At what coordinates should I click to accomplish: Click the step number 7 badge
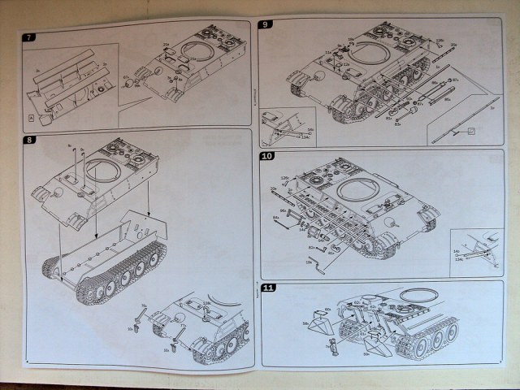tap(29, 37)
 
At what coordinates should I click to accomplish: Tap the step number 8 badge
tap(30, 140)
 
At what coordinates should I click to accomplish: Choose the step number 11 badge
tap(268, 288)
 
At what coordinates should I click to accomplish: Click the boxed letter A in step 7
tap(31, 119)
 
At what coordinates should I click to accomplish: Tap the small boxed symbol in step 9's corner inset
tap(470, 130)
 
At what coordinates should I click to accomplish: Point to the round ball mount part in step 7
tap(45, 119)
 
